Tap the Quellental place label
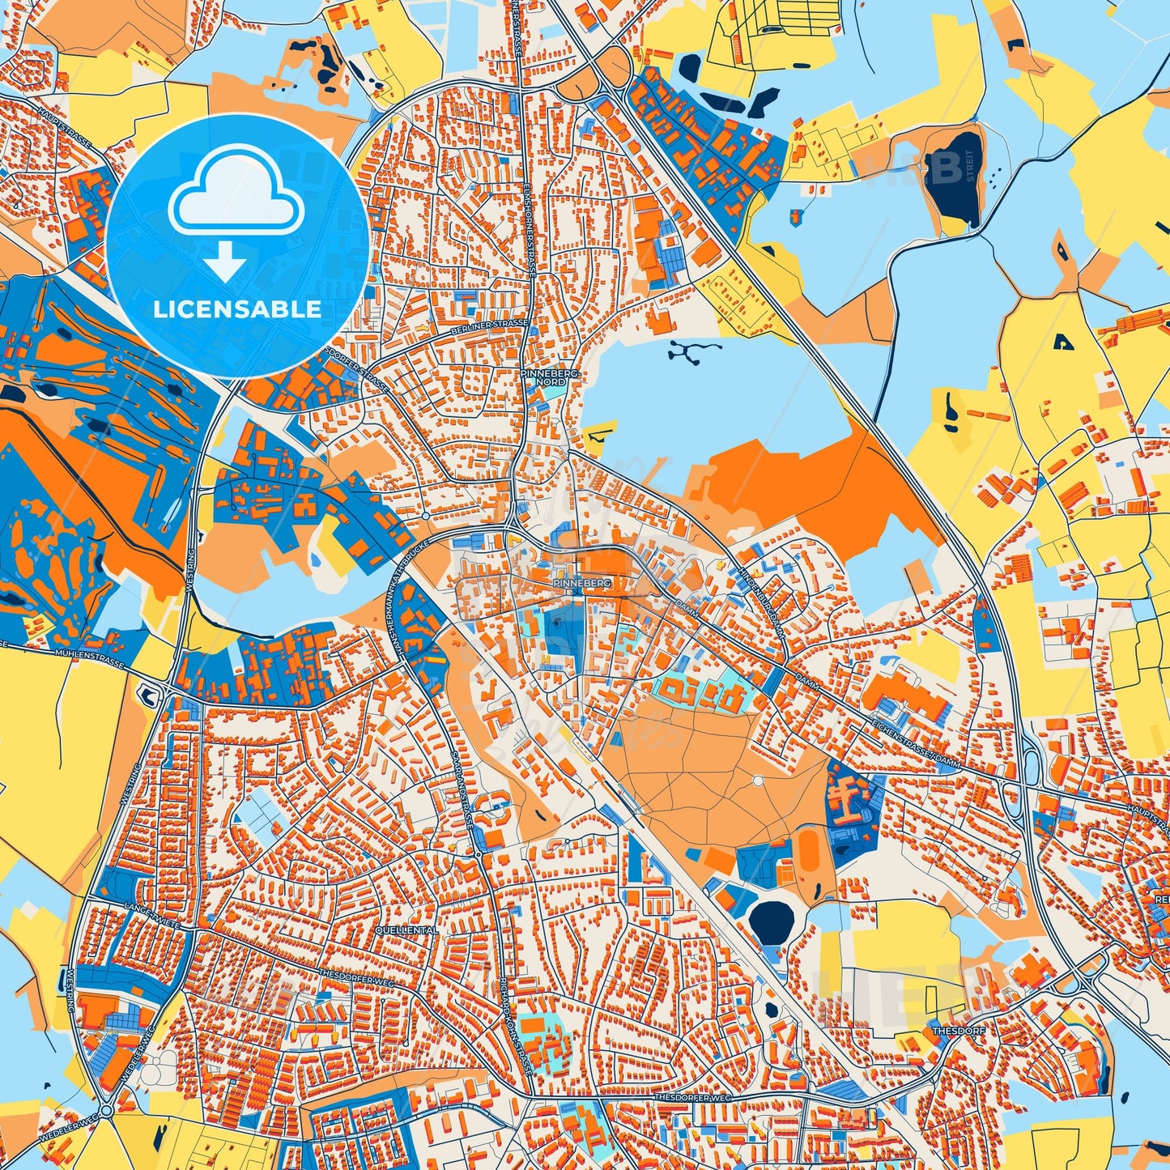[406, 930]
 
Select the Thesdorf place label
[950, 1032]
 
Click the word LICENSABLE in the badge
[237, 309]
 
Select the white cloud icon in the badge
[236, 196]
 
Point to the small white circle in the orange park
[757, 781]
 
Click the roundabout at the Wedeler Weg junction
[106, 1109]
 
